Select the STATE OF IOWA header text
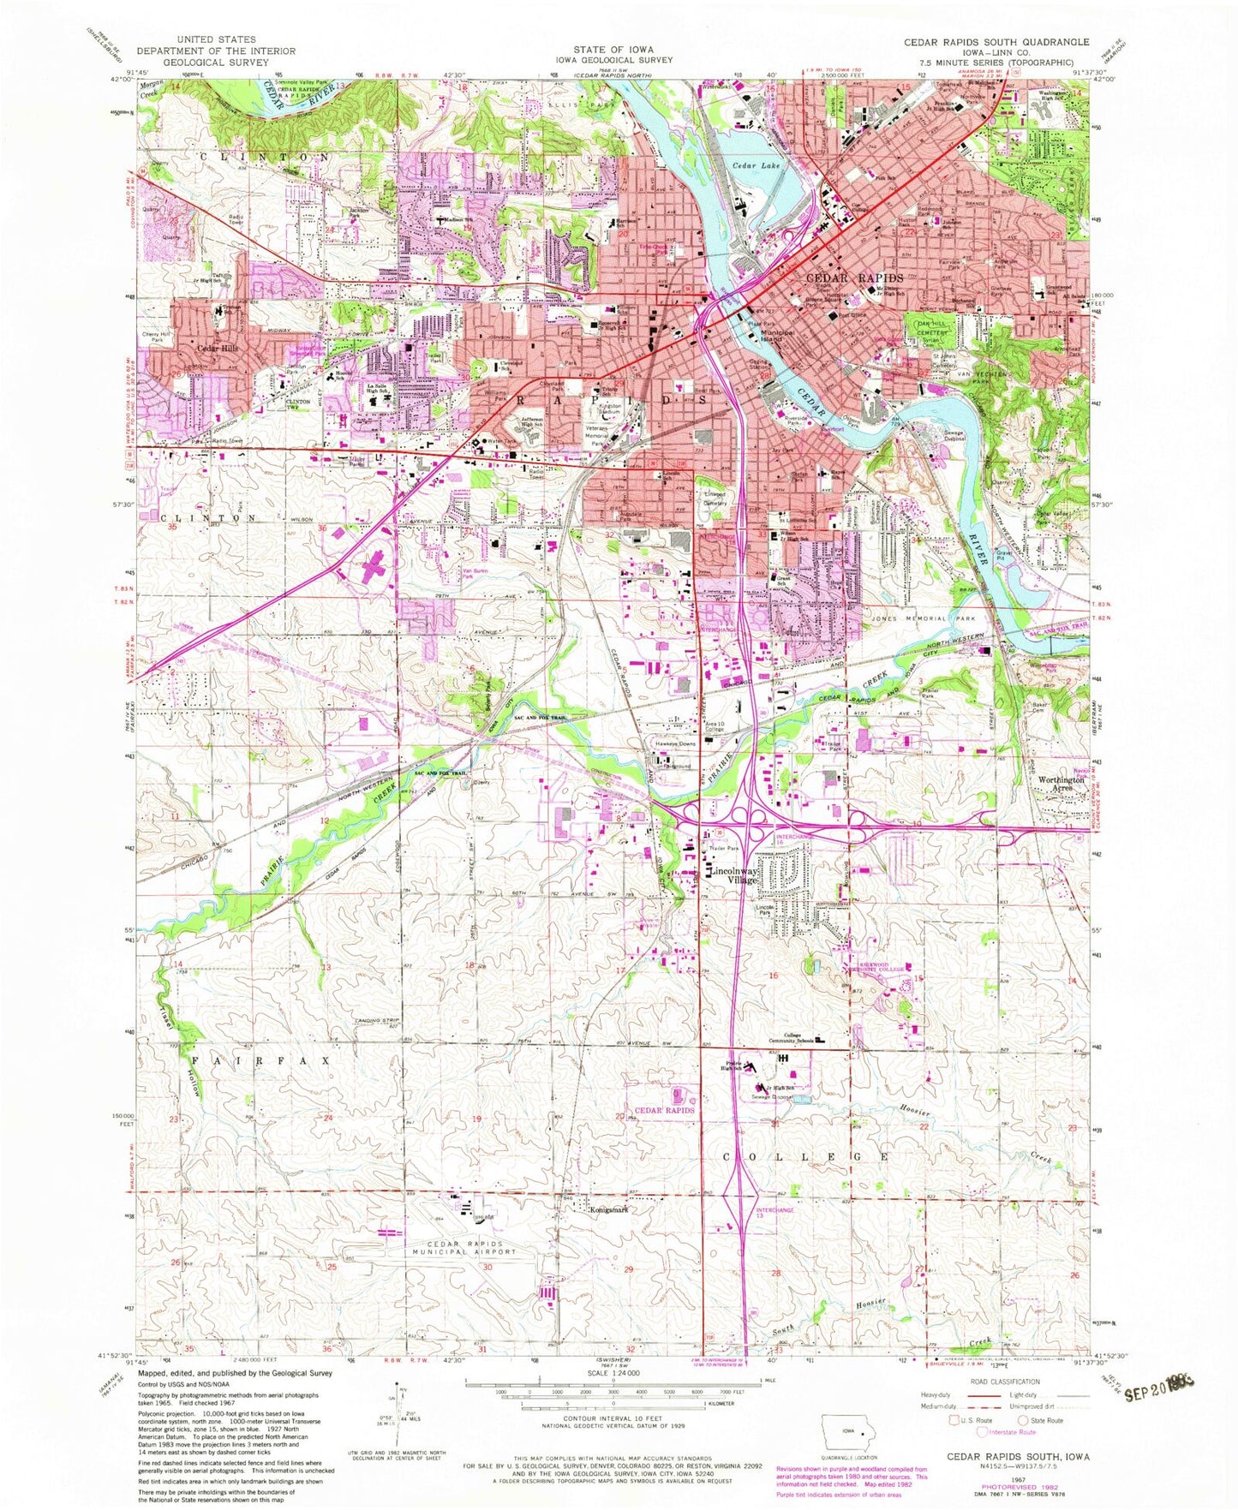pyautogui.click(x=613, y=50)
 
